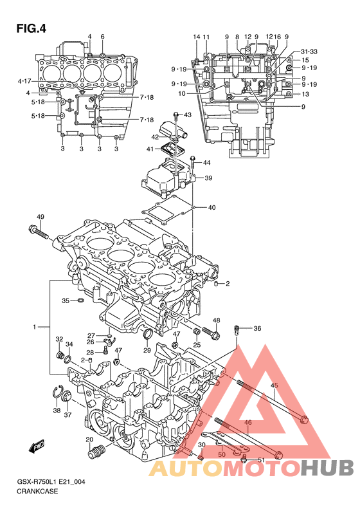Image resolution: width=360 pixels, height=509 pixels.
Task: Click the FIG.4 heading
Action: pyautogui.click(x=31, y=28)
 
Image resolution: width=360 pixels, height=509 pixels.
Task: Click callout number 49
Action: pyautogui.click(x=40, y=217)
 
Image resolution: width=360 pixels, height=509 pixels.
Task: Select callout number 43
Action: pyautogui.click(x=188, y=115)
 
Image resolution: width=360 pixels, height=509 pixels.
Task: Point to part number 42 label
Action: pyautogui.click(x=155, y=137)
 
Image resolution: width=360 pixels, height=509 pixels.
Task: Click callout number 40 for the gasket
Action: pyautogui.click(x=212, y=207)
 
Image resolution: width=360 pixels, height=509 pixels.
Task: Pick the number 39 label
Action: pyautogui.click(x=208, y=178)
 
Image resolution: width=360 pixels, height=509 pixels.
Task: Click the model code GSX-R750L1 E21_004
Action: pyautogui.click(x=51, y=482)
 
